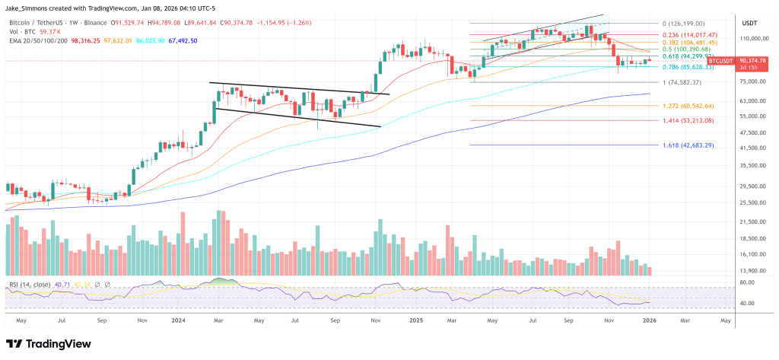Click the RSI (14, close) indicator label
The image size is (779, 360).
tap(30, 285)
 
